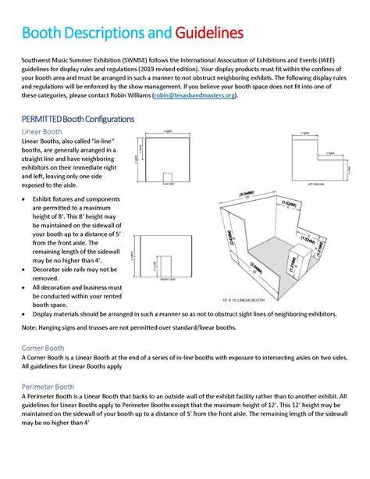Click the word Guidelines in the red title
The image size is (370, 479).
tap(208, 34)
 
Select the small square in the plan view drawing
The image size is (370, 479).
tap(167, 178)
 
